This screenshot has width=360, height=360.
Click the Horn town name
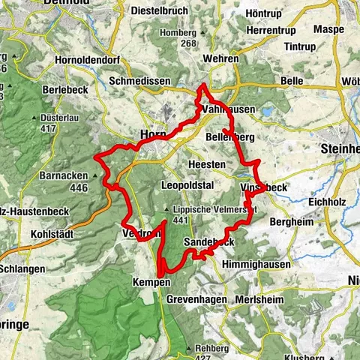tap(151, 134)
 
